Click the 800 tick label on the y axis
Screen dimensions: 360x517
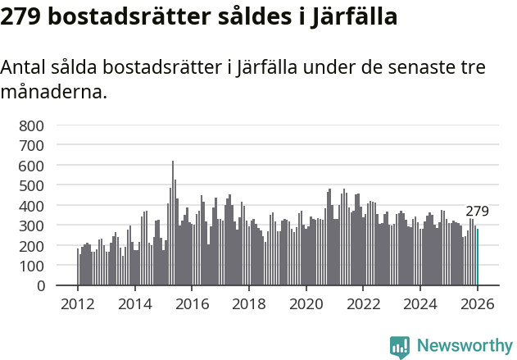[31, 125]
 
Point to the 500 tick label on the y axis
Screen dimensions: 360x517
[31, 185]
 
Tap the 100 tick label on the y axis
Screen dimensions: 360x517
[31, 266]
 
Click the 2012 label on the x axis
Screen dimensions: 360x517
[78, 303]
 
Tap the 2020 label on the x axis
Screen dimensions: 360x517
[306, 303]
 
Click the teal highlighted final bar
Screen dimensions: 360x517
[478, 257]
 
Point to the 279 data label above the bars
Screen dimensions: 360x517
[477, 212]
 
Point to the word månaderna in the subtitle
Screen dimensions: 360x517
[54, 92]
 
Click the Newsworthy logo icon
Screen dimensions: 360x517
[400, 346]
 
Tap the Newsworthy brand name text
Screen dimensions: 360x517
[464, 346]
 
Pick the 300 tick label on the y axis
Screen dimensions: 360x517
[31, 226]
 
